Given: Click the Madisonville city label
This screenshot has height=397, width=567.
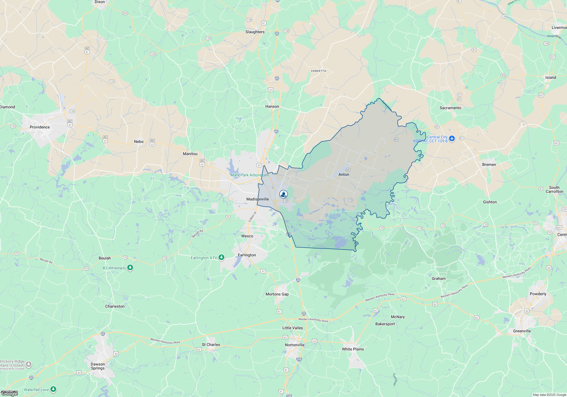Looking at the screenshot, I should (x=257, y=199).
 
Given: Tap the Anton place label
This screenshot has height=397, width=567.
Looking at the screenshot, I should (x=344, y=174).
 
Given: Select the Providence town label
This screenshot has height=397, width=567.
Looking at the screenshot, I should (x=40, y=127).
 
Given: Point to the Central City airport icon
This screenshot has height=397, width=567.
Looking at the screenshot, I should (x=452, y=139).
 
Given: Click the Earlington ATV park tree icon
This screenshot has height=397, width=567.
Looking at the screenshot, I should (x=221, y=257).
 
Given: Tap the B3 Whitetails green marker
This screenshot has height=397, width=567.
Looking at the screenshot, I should (x=130, y=268).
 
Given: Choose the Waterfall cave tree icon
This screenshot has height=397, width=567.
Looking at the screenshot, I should (x=53, y=389).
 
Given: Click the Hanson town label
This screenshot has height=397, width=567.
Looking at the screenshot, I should (x=272, y=106).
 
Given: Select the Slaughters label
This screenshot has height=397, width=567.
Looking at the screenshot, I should (x=255, y=32).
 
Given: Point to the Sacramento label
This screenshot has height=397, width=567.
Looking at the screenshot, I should (x=450, y=108).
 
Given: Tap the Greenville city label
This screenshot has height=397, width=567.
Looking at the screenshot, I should (x=522, y=331).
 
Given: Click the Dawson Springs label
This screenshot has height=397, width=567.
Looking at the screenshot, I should (x=98, y=366).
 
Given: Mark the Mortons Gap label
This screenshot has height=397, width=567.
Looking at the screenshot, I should (x=277, y=294).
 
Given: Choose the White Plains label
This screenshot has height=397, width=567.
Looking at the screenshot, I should (x=353, y=349).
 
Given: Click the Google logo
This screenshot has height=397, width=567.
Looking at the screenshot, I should (x=9, y=394).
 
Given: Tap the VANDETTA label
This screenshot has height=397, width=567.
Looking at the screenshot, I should (x=318, y=71).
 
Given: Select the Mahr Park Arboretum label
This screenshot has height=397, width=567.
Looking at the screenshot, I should (x=249, y=175).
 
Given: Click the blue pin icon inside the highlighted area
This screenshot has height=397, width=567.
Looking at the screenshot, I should (x=283, y=194).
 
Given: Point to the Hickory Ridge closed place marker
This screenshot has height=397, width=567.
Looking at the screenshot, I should (x=29, y=364).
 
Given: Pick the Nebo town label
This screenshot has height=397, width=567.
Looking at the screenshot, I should (x=139, y=142).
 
